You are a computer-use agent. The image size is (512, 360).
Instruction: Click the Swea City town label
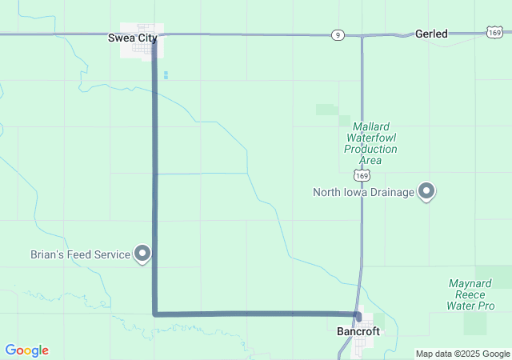click(x=133, y=37)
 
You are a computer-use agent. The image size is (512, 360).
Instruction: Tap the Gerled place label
click(x=431, y=34)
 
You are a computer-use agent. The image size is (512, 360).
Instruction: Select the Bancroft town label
click(x=353, y=330)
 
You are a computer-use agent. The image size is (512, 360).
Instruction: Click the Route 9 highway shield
click(x=338, y=34)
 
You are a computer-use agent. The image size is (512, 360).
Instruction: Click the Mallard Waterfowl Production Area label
click(x=370, y=142)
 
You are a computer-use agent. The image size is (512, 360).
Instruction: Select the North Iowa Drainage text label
click(x=363, y=192)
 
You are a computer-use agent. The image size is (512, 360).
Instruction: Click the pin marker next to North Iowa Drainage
click(x=426, y=191)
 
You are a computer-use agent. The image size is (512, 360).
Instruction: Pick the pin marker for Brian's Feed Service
click(x=143, y=254)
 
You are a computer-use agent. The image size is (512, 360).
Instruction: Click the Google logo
click(x=26, y=350)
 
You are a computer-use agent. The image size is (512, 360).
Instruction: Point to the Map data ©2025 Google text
click(x=462, y=354)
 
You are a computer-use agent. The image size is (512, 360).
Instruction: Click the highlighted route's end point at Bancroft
click(x=358, y=315)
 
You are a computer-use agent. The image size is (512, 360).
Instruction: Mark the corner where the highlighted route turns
click(x=154, y=314)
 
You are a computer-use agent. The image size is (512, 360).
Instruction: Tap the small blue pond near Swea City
click(x=166, y=75)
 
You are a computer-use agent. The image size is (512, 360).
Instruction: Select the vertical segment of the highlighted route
click(x=154, y=184)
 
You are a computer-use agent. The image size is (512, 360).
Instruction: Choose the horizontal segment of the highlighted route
click(x=256, y=314)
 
